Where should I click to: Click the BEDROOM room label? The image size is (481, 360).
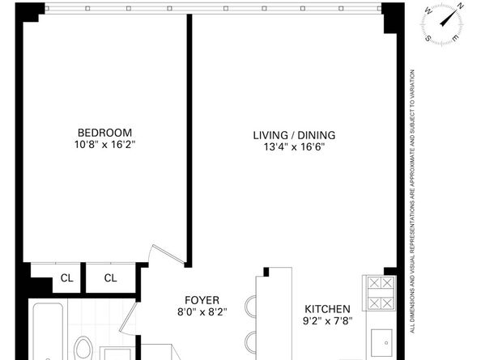click(105, 133)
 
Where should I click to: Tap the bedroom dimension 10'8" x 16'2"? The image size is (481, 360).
click(105, 144)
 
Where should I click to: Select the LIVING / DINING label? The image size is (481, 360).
click(294, 135)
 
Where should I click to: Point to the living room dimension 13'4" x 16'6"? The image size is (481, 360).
click(294, 147)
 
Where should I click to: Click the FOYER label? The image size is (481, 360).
click(202, 300)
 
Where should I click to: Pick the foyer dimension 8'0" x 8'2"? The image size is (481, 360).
click(202, 312)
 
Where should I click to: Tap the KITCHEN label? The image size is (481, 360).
click(327, 309)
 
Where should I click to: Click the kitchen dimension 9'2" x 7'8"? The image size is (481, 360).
click(327, 321)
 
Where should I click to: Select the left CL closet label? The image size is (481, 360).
click(67, 278)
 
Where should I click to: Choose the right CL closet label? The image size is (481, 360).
click(110, 278)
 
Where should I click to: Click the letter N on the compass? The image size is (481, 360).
click(460, 6)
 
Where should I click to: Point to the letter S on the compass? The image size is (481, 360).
click(428, 39)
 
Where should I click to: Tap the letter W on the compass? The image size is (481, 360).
click(428, 11)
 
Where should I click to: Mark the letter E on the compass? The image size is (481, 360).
click(456, 38)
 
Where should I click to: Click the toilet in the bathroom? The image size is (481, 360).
click(84, 349)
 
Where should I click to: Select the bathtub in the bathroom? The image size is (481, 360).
click(48, 331)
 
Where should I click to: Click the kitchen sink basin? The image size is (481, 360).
click(381, 341)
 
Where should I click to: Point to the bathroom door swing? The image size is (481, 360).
click(128, 318)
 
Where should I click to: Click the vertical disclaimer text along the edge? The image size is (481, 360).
click(413, 201)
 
